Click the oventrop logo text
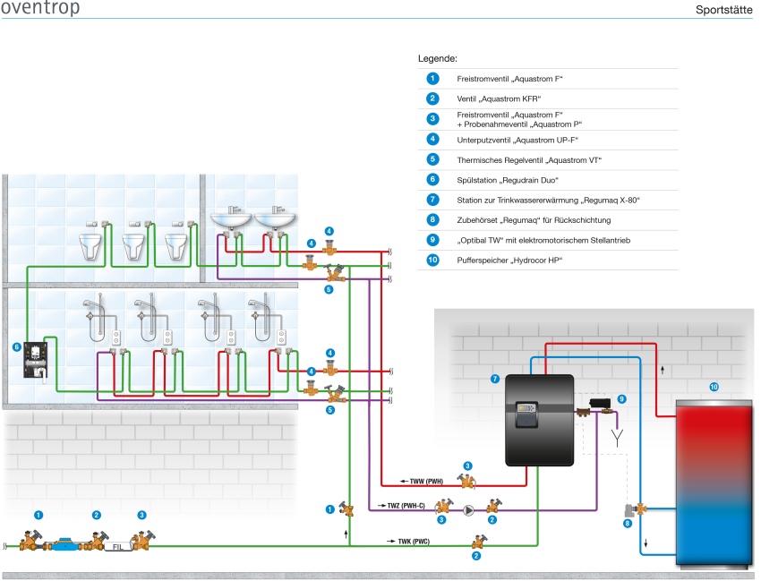pyautogui.click(x=40, y=7)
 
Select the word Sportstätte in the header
pyautogui.click(x=723, y=10)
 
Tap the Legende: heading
pyautogui.click(x=437, y=59)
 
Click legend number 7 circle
pyautogui.click(x=432, y=200)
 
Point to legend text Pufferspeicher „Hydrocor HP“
pyautogui.click(x=509, y=261)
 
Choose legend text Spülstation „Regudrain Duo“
pyautogui.click(x=507, y=180)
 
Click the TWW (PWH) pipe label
pyautogui.click(x=426, y=481)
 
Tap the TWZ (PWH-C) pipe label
pyautogui.click(x=406, y=506)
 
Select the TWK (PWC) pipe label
pyautogui.click(x=414, y=542)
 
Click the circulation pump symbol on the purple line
pyautogui.click(x=468, y=510)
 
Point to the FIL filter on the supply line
pyautogui.click(x=118, y=546)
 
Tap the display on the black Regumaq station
pyautogui.click(x=526, y=408)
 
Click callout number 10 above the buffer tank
pyautogui.click(x=714, y=387)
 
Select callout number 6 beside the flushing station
pyautogui.click(x=17, y=347)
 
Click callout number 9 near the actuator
pyautogui.click(x=621, y=399)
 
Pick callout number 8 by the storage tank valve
pyautogui.click(x=628, y=523)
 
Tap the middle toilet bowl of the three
pyautogui.click(x=133, y=246)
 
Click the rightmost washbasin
pyautogui.click(x=275, y=219)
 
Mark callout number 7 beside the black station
pyautogui.click(x=495, y=379)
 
